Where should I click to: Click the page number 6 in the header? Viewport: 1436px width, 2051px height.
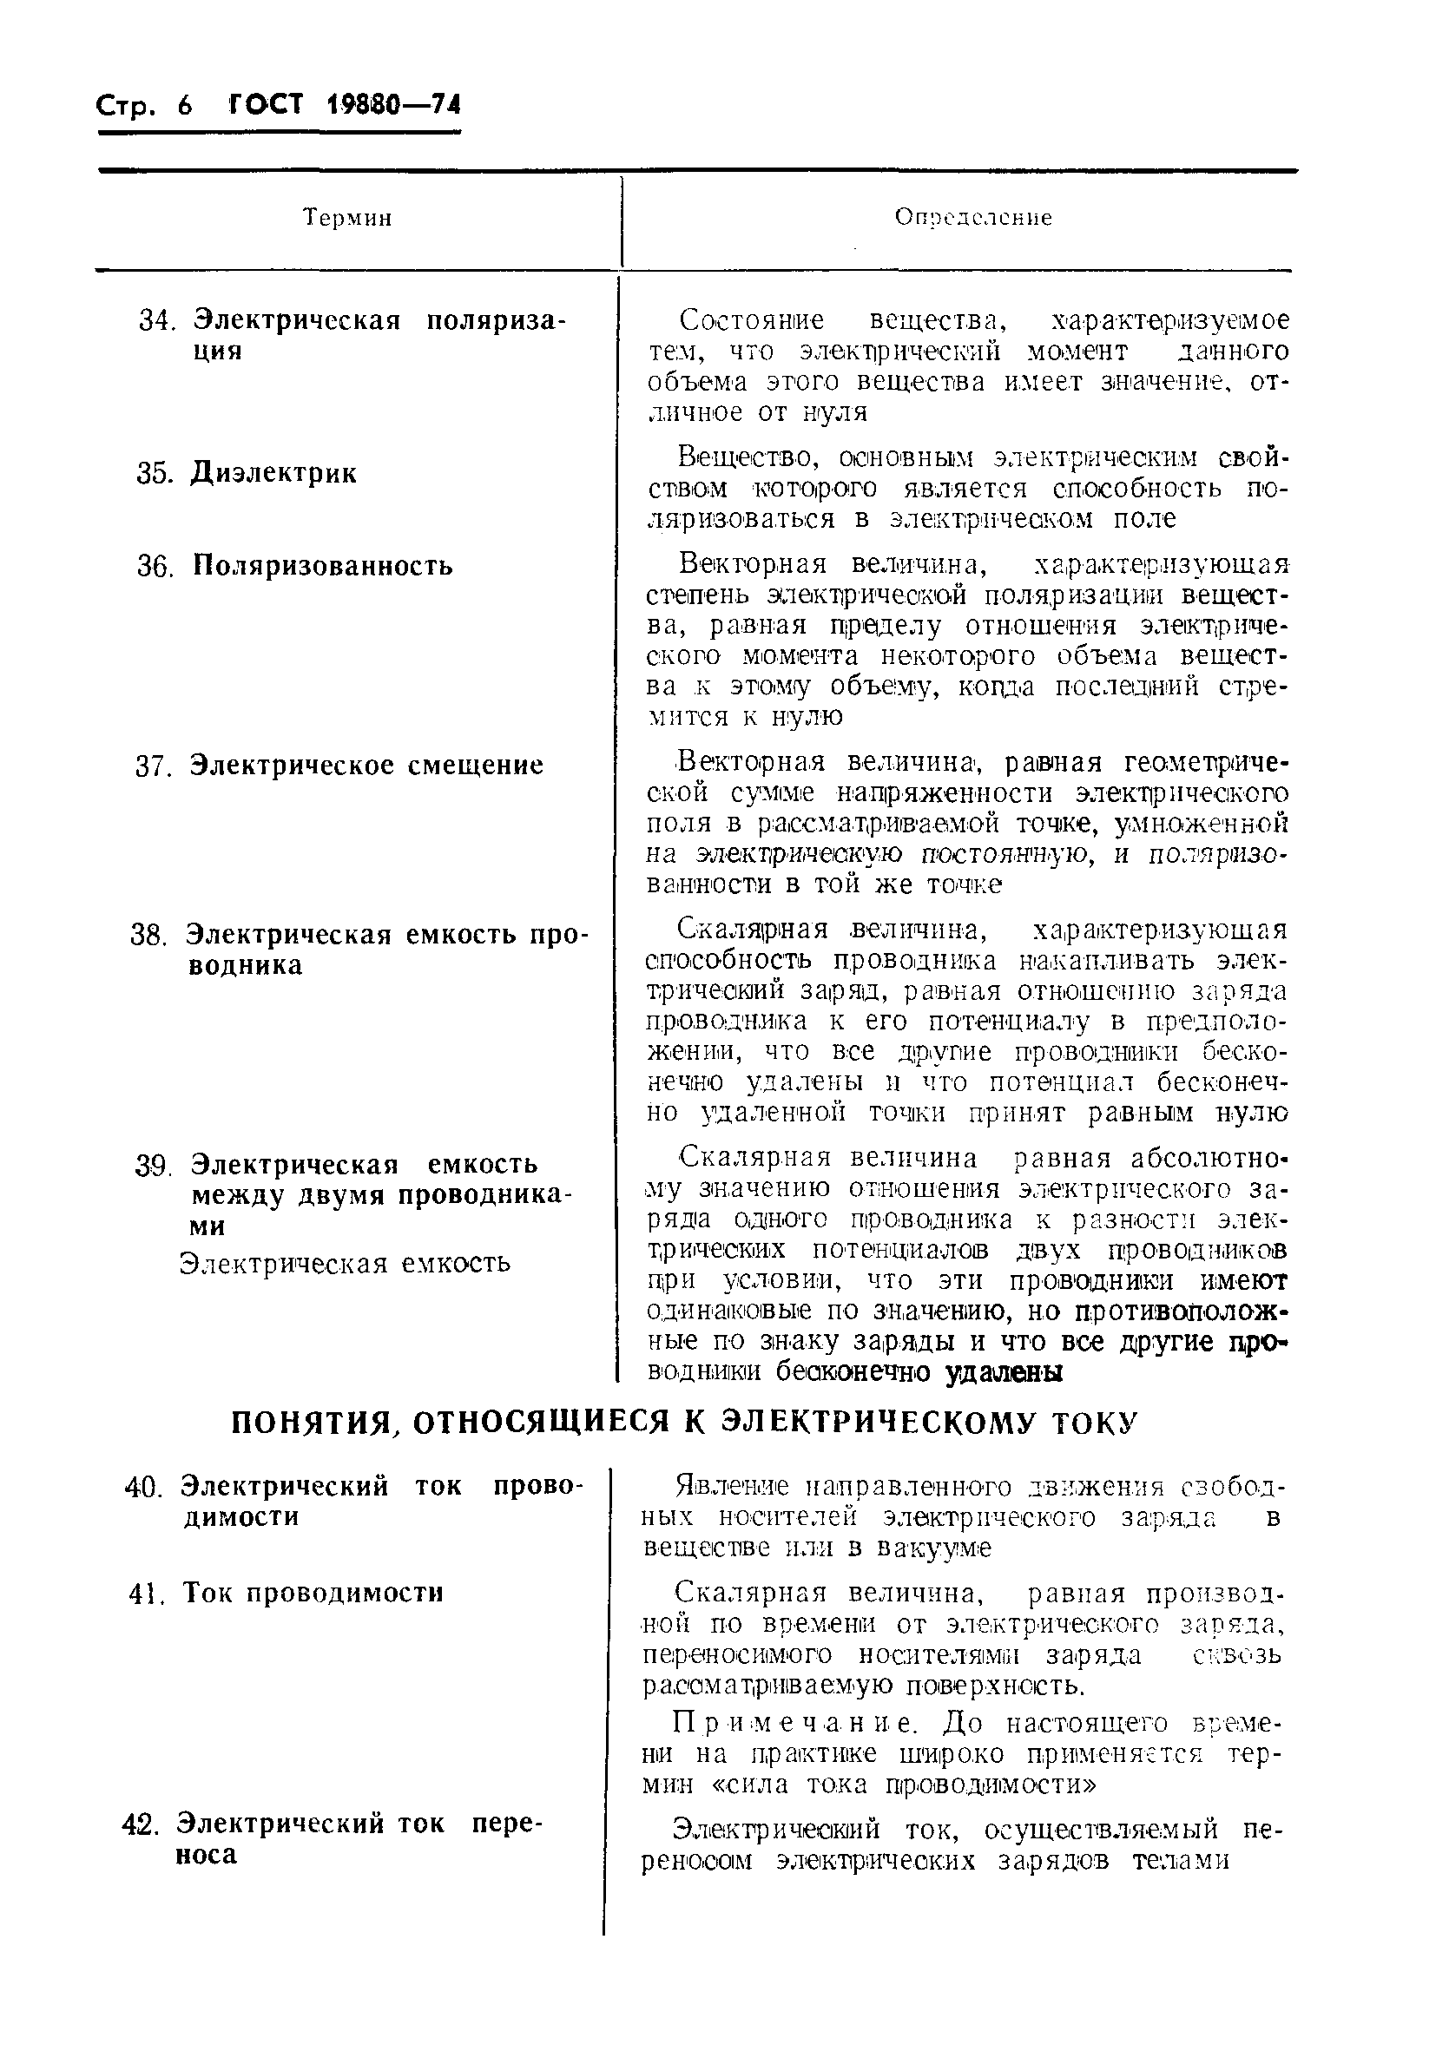184,106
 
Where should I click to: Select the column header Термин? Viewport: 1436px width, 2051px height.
347,218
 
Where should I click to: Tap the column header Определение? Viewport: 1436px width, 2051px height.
973,218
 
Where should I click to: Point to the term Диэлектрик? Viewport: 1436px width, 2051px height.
273,473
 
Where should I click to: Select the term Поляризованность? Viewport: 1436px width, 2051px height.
323,567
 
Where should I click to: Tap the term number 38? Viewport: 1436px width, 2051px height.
148,937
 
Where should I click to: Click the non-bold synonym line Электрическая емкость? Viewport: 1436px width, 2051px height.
345,1263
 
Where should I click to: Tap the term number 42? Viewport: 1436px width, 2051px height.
140,1824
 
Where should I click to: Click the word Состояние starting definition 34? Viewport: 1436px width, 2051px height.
752,319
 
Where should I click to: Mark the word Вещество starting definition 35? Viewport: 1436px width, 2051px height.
743,458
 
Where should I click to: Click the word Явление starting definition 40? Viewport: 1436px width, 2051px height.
732,1488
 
